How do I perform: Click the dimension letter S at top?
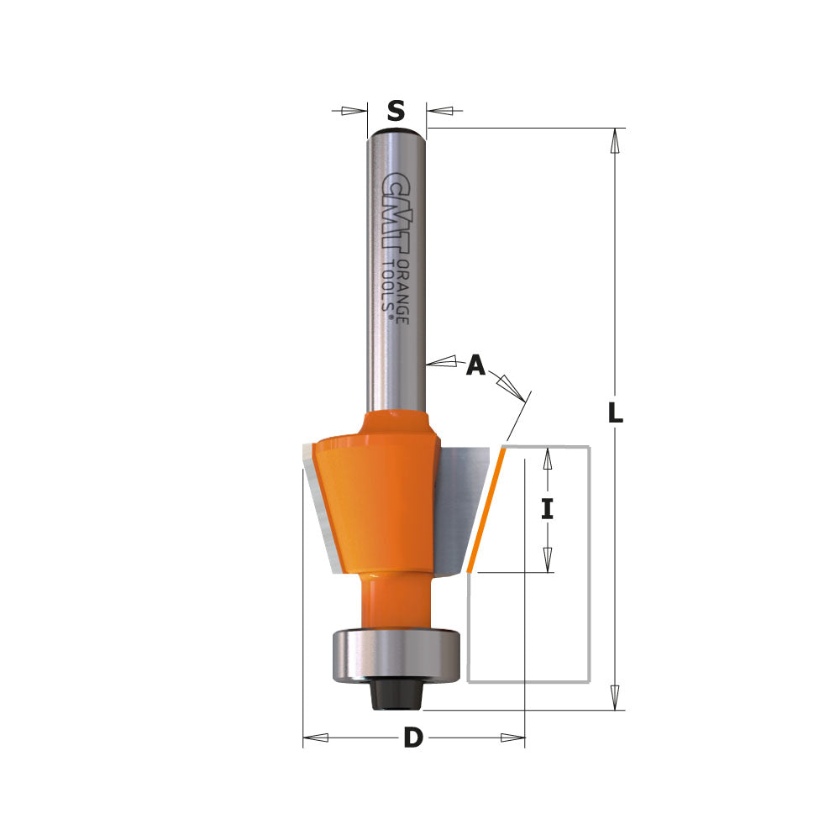click(x=396, y=111)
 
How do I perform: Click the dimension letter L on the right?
click(x=616, y=413)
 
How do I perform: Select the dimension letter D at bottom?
click(x=412, y=738)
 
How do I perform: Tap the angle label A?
click(x=476, y=365)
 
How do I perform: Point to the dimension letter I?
click(x=547, y=509)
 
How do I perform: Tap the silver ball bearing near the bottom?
click(x=395, y=651)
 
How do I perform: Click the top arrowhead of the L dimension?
click(x=616, y=140)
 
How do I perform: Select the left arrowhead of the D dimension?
click(x=314, y=738)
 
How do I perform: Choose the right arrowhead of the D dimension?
click(x=512, y=738)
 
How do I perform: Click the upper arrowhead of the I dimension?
click(x=547, y=459)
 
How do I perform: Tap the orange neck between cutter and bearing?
click(x=394, y=601)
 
